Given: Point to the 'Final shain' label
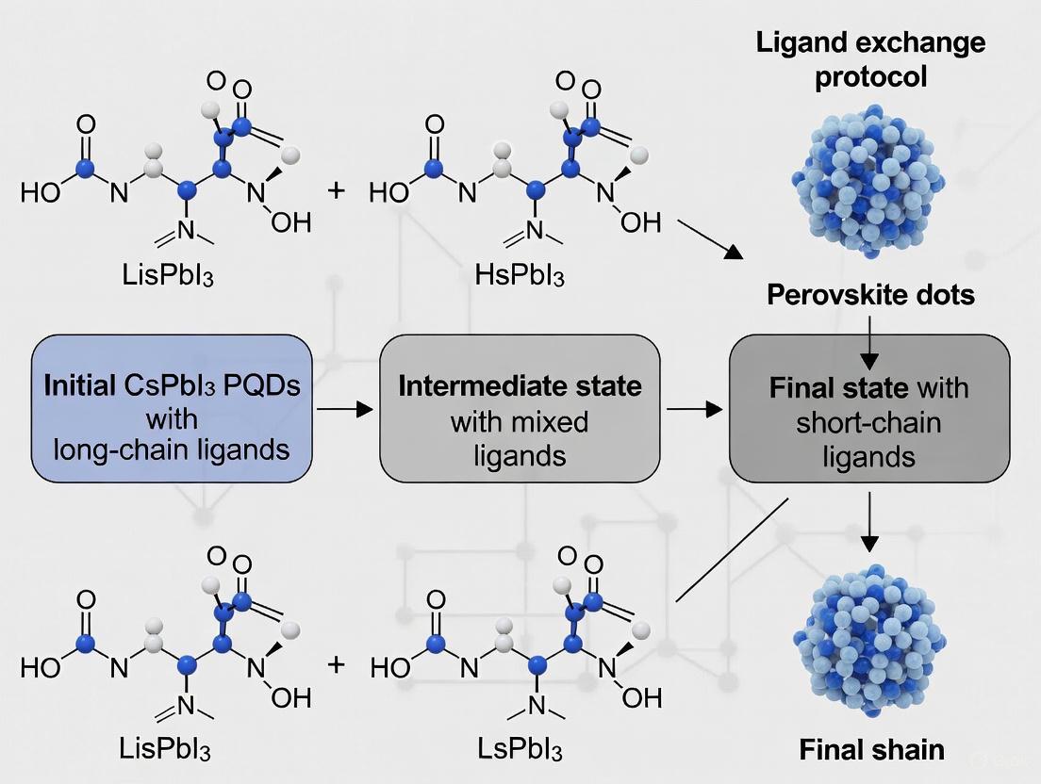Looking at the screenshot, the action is [x=871, y=749].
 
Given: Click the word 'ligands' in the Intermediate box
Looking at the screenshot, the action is [x=520, y=456].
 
